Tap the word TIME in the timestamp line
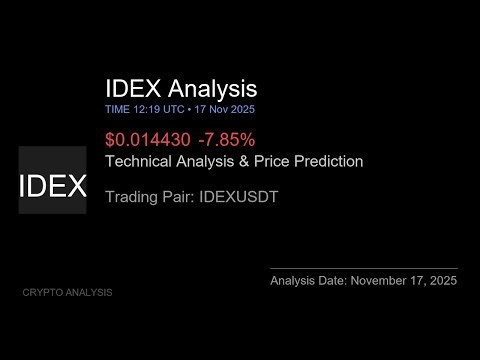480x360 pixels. pos(116,108)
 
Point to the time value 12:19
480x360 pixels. pos(145,108)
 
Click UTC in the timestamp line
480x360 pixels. pos(172,108)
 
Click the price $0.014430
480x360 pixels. pos(144,140)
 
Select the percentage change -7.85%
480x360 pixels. pos(221,140)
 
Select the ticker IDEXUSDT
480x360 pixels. pos(237,197)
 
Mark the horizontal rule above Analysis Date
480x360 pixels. pos(364,268)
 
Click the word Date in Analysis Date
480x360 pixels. pos(333,282)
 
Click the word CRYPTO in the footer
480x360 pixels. pos(43,292)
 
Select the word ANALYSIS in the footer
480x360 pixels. pos(90,292)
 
